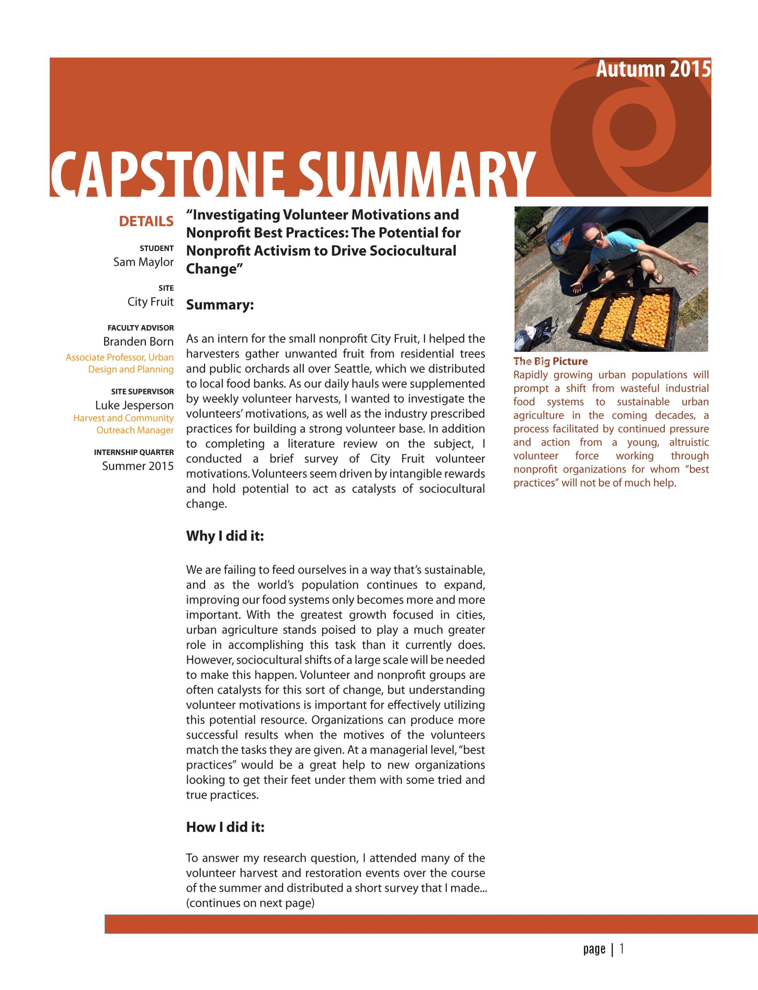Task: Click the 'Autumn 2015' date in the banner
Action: tap(653, 69)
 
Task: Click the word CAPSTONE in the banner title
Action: tap(167, 174)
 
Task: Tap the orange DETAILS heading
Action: tap(146, 221)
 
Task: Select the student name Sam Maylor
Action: tap(144, 262)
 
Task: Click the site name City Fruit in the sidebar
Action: tap(150, 302)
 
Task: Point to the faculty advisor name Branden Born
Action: tap(138, 341)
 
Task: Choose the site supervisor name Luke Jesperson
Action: tap(134, 405)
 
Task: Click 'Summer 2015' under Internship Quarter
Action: tap(138, 466)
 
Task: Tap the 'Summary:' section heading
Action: tap(220, 305)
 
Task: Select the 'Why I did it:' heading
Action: tap(225, 536)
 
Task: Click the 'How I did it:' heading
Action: tap(225, 827)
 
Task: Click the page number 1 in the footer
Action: tap(622, 949)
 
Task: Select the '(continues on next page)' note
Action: tap(250, 903)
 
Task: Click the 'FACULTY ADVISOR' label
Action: tap(140, 328)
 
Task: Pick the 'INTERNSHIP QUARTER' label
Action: tap(133, 452)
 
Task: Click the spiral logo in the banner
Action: tap(631, 131)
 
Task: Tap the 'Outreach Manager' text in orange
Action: tap(135, 430)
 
